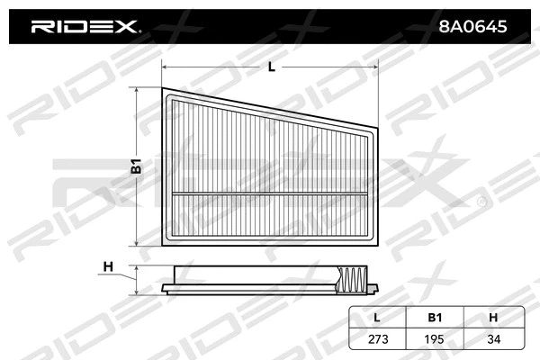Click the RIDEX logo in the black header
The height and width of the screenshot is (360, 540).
coord(85,27)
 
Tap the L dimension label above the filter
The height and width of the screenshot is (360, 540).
coord(271,67)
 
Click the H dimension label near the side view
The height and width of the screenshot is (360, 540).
coord(108,265)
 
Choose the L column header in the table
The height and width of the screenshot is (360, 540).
coord(376,316)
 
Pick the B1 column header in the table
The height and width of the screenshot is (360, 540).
coord(434,316)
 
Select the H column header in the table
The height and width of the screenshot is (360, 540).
coord(492,316)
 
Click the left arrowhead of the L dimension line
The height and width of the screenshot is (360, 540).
coord(165,66)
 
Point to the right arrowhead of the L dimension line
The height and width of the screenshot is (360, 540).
coord(373,66)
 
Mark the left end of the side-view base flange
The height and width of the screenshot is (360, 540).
coord(162,290)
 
